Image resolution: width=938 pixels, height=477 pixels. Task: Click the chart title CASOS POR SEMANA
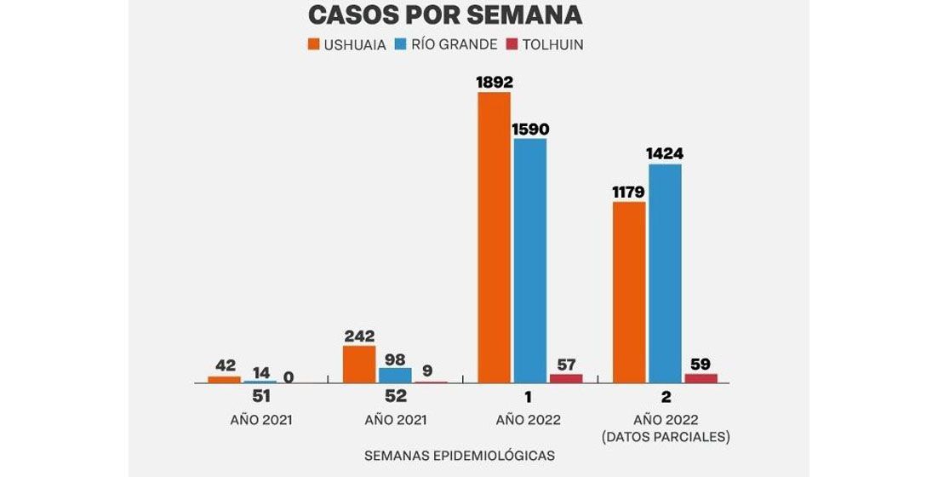(x=444, y=15)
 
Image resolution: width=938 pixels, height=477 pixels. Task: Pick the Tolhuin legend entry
(x=545, y=44)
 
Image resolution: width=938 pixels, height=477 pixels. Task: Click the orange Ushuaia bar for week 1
(x=494, y=238)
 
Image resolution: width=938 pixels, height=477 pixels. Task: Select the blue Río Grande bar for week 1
(x=530, y=261)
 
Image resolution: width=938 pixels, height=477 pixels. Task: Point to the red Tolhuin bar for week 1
(x=566, y=378)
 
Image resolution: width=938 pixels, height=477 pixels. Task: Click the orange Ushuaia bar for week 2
(x=628, y=292)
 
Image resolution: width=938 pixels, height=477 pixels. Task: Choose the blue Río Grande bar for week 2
(x=665, y=273)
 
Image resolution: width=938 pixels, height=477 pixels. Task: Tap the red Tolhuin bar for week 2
(x=701, y=378)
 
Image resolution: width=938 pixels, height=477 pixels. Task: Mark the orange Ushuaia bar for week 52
(x=359, y=365)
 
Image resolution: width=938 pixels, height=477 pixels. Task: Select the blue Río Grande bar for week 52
(x=395, y=375)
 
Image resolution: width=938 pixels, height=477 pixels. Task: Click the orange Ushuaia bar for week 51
(x=225, y=380)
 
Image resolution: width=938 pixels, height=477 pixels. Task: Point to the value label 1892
(x=494, y=83)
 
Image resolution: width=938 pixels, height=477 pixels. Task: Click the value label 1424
(x=665, y=154)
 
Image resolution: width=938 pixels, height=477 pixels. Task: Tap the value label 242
(x=359, y=336)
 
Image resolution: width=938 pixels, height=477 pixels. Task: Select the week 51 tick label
(x=260, y=397)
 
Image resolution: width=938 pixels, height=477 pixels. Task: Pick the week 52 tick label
(x=395, y=397)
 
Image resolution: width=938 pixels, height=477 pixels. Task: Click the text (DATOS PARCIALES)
(x=665, y=437)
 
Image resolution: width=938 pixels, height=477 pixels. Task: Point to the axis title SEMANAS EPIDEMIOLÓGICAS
(x=460, y=456)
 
